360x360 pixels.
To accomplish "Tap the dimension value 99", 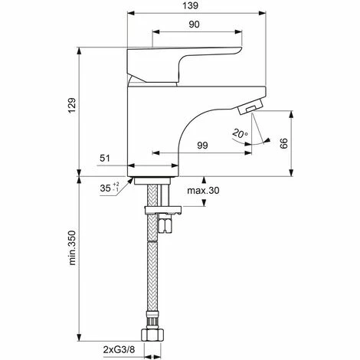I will tap(202, 146).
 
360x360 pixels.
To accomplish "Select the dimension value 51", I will tap(106, 159).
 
